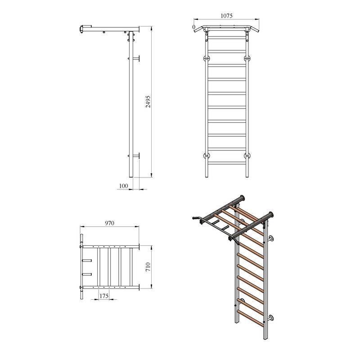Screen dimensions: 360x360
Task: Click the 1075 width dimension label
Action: click(x=226, y=16)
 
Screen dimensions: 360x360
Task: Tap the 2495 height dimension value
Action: click(x=148, y=102)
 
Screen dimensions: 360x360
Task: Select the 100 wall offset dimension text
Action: click(x=123, y=186)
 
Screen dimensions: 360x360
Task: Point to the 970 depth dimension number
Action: click(x=109, y=223)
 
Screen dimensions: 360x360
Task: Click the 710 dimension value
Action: click(x=148, y=267)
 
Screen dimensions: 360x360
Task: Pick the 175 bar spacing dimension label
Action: click(x=104, y=296)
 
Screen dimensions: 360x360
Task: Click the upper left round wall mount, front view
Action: click(x=207, y=58)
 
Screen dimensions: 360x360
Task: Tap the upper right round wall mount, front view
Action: click(x=247, y=58)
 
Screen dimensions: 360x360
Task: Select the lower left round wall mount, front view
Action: click(x=207, y=156)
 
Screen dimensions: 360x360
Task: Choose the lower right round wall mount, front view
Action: click(x=247, y=156)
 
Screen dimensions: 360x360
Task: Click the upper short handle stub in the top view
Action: click(x=87, y=261)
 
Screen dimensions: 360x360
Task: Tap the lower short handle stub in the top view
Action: click(x=87, y=274)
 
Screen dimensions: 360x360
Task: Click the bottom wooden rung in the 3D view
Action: click(x=250, y=318)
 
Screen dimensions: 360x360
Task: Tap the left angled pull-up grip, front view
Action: click(x=198, y=29)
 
